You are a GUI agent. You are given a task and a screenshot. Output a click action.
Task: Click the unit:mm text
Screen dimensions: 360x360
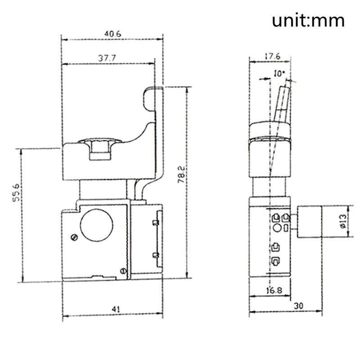coord(308,21)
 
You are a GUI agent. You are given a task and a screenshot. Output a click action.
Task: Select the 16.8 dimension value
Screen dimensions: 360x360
coord(271,291)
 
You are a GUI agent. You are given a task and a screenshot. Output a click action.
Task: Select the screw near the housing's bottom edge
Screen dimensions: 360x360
coord(123,270)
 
